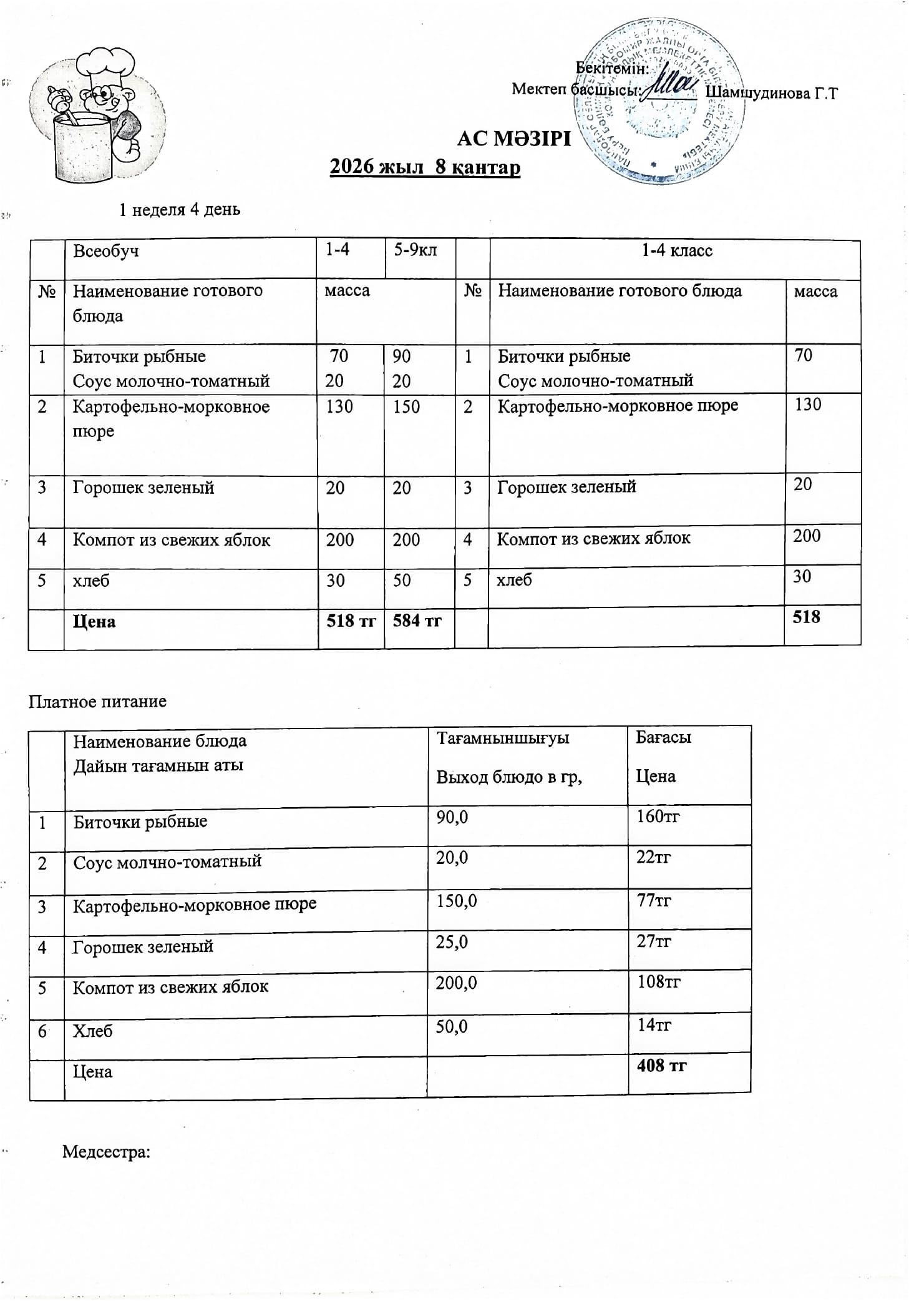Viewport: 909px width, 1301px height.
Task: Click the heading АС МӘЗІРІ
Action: tap(513, 138)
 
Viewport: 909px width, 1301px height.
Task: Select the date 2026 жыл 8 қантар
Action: tap(425, 167)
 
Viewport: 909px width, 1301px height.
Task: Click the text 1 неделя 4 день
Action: tap(180, 210)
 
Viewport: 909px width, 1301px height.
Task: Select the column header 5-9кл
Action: tap(415, 250)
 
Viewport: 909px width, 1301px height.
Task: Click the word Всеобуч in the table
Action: tap(106, 251)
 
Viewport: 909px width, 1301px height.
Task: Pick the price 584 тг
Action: tap(417, 621)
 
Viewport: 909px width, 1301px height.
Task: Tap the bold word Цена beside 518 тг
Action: tap(94, 622)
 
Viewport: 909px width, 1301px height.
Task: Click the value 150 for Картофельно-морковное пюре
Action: tap(406, 406)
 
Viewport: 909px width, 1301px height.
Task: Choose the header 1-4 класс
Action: tap(677, 251)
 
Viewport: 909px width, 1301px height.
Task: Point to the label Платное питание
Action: tap(97, 701)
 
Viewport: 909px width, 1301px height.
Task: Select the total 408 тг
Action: tap(661, 1065)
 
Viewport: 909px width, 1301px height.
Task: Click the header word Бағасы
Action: tap(663, 737)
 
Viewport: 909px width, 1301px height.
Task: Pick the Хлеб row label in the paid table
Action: tap(93, 1031)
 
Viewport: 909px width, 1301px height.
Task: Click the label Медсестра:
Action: tap(106, 1152)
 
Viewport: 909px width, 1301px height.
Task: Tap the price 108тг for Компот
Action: tap(658, 982)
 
